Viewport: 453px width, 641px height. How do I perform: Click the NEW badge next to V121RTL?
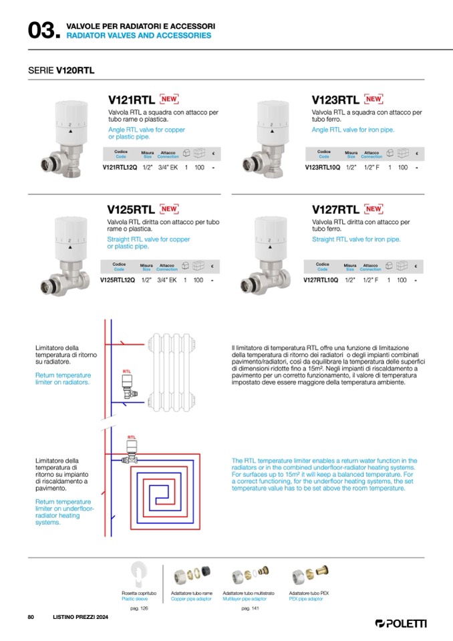[170, 100]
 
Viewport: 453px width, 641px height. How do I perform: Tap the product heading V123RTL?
[335, 100]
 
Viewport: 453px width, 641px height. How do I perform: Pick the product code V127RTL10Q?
[321, 280]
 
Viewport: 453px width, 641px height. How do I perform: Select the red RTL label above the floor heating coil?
[131, 436]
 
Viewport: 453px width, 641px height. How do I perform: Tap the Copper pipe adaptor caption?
[191, 599]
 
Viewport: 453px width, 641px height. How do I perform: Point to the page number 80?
[31, 616]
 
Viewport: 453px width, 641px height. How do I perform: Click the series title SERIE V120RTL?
[61, 69]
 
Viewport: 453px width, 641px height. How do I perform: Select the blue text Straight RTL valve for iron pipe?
[356, 239]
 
